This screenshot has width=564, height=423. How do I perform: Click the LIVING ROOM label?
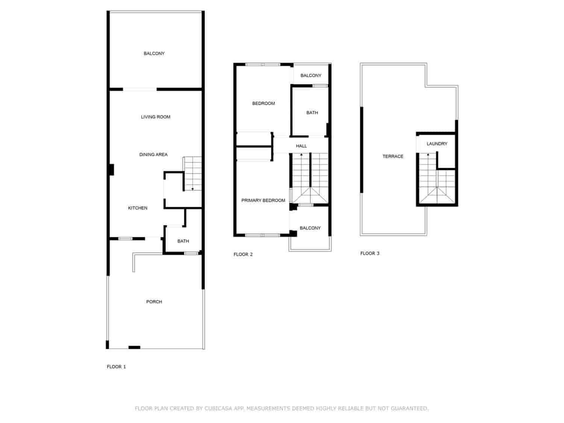pos(156,117)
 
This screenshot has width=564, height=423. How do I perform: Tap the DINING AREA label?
pos(153,155)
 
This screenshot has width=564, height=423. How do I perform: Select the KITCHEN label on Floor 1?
pos(138,208)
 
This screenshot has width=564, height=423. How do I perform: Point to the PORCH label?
pos(154,302)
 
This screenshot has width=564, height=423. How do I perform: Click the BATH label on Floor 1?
pos(183,241)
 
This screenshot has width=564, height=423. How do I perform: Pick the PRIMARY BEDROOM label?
pos(263,200)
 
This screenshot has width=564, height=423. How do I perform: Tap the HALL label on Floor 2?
pos(301,146)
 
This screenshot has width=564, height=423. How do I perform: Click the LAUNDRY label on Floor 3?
pos(437,144)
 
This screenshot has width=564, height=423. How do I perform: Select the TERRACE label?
pos(393,156)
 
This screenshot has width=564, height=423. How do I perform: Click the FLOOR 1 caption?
pos(116,367)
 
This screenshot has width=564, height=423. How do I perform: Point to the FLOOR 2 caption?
pos(243,254)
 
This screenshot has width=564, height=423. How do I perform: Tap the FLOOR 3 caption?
pos(370,253)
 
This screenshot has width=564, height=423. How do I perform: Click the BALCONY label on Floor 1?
pos(154,53)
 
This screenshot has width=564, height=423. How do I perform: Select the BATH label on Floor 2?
pos(312,112)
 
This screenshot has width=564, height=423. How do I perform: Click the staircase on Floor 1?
pos(193,174)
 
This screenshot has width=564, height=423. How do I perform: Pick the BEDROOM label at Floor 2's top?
pos(264,103)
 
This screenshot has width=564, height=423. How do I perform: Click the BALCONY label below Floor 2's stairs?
pos(310,228)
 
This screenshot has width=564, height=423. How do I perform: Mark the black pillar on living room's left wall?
pos(111,170)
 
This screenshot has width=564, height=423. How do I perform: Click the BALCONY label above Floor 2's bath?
pos(311,76)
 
